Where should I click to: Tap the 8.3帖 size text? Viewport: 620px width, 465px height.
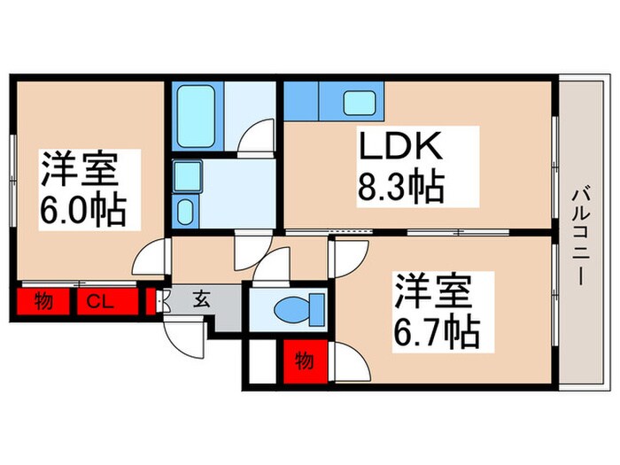tap(400, 187)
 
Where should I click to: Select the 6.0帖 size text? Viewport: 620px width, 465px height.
tap(82, 209)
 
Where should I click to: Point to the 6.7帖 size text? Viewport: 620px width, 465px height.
tap(438, 333)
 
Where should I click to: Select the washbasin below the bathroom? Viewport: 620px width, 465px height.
tap(186, 211)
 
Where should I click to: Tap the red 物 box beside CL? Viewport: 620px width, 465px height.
tap(42, 301)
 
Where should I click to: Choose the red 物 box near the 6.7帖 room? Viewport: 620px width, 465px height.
tap(304, 360)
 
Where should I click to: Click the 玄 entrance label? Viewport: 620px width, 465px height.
tap(202, 299)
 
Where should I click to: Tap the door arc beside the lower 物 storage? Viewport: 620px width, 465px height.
tap(348, 361)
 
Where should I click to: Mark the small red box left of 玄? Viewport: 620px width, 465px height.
tap(151, 301)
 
